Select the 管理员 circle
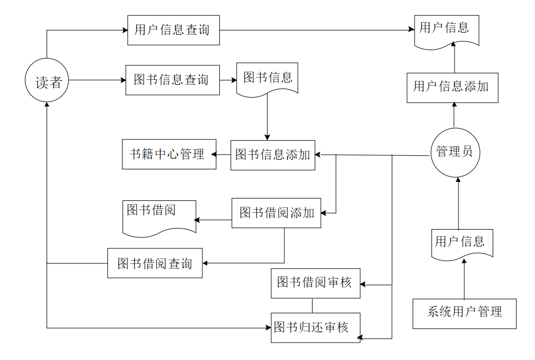tap(454, 151)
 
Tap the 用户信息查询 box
tap(174, 30)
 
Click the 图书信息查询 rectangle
tap(173, 80)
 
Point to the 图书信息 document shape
tap(267, 79)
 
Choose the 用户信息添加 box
tap(452, 87)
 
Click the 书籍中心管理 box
tap(169, 154)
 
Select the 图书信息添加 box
tap(272, 155)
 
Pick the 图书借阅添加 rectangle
tap(276, 213)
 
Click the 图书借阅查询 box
tap(155, 263)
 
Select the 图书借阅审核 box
tap(315, 283)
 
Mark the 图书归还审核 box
tap(315, 327)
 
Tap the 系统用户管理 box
tap(464, 313)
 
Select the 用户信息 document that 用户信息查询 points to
tap(447, 29)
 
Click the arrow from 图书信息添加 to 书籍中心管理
tap(223, 155)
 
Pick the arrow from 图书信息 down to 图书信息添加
tap(267, 117)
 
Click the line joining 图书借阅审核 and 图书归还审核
tap(312, 305)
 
